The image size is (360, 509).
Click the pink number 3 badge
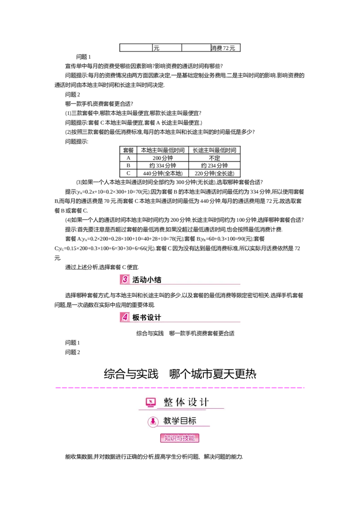(124, 279)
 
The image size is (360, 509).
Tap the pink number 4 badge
(125, 317)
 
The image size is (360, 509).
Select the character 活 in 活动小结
(136, 280)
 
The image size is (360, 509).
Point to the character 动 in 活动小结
(143, 280)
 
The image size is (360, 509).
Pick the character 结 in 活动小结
(157, 280)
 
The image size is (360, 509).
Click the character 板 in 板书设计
(136, 317)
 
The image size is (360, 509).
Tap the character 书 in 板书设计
(143, 317)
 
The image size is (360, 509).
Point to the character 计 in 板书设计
(157, 317)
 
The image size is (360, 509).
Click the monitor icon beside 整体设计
(151, 402)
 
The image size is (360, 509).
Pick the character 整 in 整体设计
(168, 402)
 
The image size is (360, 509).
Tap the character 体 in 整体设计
(180, 402)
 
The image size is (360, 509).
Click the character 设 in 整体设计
(192, 402)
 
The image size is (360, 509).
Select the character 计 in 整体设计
(204, 402)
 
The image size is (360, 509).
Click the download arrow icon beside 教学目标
(153, 422)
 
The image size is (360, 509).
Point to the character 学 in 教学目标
(175, 421)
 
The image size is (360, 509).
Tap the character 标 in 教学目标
(192, 421)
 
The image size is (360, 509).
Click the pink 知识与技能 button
(180, 438)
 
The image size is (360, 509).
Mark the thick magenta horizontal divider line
(180, 387)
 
